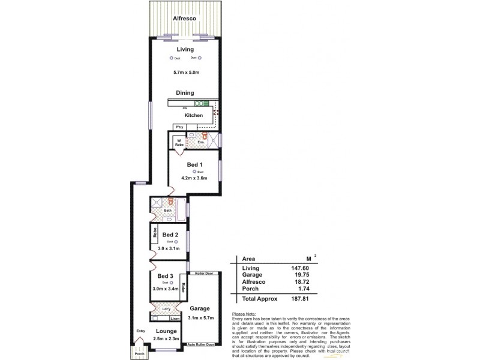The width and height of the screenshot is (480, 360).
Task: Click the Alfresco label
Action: tap(185, 19)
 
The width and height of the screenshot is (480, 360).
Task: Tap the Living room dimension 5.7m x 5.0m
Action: tap(185, 73)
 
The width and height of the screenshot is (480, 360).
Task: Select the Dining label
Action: tap(185, 93)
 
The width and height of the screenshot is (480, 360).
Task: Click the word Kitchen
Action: tap(193, 115)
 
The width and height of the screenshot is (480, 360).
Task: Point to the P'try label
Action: tap(179, 128)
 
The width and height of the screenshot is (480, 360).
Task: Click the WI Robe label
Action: tap(179, 143)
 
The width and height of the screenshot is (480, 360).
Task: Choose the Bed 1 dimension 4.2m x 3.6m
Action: tap(194, 178)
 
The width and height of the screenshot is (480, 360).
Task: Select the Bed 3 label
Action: tap(165, 276)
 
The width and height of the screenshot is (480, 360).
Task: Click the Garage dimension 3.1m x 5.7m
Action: tap(201, 317)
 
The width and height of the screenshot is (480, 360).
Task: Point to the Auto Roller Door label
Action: tap(201, 344)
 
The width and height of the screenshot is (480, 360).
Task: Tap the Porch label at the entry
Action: tap(140, 354)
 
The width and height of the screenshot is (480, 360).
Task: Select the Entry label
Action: tap(140, 331)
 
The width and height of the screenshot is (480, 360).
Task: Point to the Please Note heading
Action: tap(242, 314)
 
